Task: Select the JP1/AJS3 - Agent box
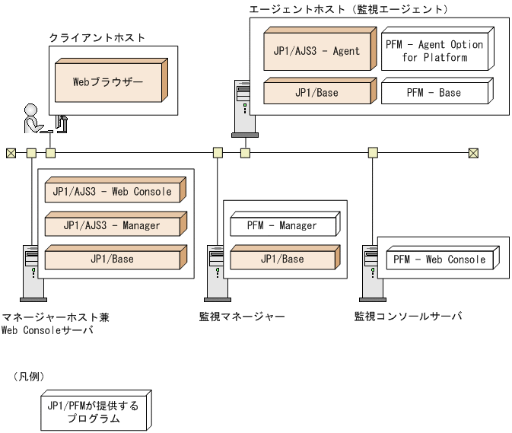click(x=316, y=51)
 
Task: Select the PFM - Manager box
click(x=282, y=225)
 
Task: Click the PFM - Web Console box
click(x=439, y=259)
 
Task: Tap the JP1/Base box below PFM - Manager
click(x=282, y=259)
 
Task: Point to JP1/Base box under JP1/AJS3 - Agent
click(x=316, y=92)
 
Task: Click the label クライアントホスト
click(x=97, y=37)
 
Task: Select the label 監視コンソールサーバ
click(x=408, y=316)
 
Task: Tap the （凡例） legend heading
click(x=30, y=377)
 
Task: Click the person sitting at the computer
click(x=34, y=119)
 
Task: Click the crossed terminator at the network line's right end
click(x=473, y=153)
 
